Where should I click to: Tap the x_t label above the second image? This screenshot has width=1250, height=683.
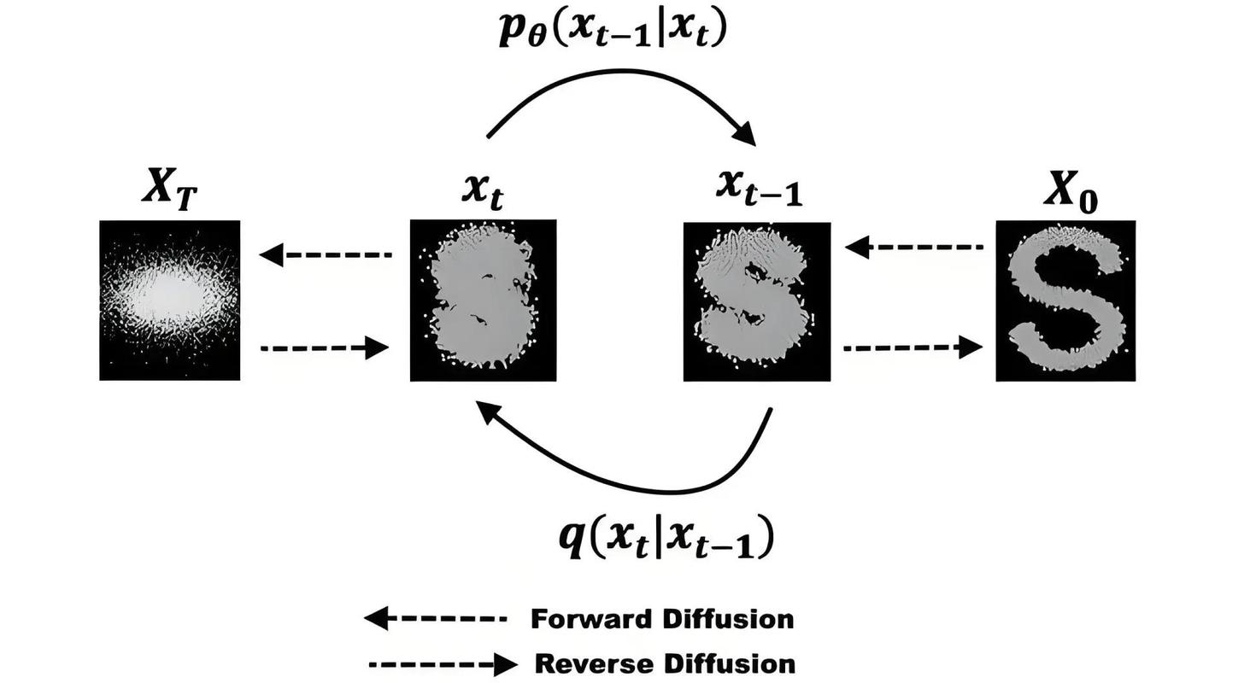pyautogui.click(x=484, y=192)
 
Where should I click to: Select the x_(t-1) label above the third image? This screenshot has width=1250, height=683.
pyautogui.click(x=760, y=189)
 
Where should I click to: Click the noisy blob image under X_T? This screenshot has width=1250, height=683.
pyautogui.click(x=170, y=301)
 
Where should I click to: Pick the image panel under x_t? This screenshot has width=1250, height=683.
pyautogui.click(x=484, y=301)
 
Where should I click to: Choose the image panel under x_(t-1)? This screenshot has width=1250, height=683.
pyautogui.click(x=757, y=301)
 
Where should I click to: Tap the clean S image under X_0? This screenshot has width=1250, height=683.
pyautogui.click(x=1065, y=301)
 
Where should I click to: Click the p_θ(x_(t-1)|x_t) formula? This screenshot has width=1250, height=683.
pyautogui.click(x=612, y=29)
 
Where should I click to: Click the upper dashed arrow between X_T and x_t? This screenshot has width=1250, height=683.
pyautogui.click(x=326, y=254)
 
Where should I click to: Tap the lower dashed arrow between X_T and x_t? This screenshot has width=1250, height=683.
pyautogui.click(x=325, y=348)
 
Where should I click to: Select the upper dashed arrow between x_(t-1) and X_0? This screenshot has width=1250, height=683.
pyautogui.click(x=914, y=247)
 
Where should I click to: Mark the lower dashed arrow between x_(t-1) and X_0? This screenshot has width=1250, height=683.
pyautogui.click(x=913, y=347)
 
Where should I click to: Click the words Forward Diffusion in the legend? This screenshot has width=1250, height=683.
pyautogui.click(x=662, y=620)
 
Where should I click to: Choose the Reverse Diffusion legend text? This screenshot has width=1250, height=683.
pyautogui.click(x=666, y=664)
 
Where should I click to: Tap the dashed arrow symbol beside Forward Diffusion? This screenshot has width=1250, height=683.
pyautogui.click(x=435, y=619)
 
